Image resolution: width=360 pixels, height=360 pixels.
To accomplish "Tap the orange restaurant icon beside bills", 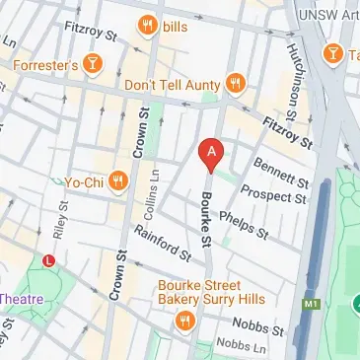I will click(x=148, y=24).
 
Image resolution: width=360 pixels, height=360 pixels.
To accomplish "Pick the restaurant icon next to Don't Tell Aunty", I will click(x=235, y=83).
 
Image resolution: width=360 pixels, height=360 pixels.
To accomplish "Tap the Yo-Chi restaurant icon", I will click(x=118, y=180).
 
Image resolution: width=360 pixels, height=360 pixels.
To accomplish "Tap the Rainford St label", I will click(x=163, y=247).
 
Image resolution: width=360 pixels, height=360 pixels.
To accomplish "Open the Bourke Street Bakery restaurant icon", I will click(x=184, y=321).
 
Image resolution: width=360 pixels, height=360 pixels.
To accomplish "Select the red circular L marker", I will click(x=49, y=259).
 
